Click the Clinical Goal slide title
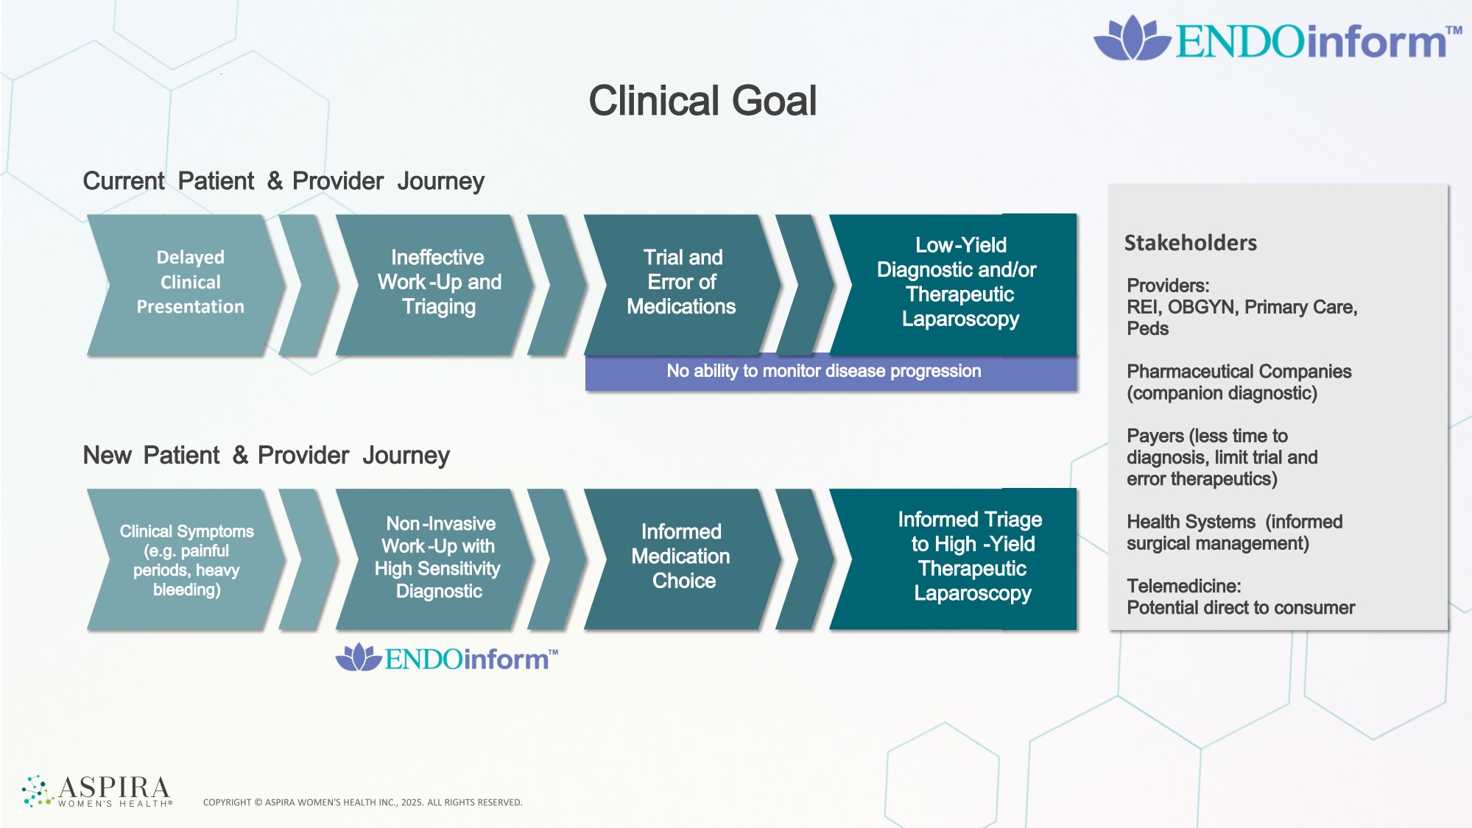(x=702, y=101)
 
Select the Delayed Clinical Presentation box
(x=187, y=285)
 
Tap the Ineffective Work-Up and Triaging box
(x=436, y=285)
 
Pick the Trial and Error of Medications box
(x=683, y=285)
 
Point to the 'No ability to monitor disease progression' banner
(x=831, y=372)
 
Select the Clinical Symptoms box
(x=187, y=559)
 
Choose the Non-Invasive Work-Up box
(x=436, y=559)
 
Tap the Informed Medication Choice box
(x=683, y=559)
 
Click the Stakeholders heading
(x=1190, y=243)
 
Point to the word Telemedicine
(x=1183, y=586)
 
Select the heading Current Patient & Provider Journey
(x=284, y=181)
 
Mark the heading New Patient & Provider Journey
(x=266, y=456)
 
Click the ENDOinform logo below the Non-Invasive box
(x=447, y=657)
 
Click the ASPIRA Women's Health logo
(x=97, y=791)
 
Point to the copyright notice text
(x=362, y=802)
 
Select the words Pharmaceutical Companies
(x=1239, y=372)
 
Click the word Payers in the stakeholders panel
(x=1155, y=436)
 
